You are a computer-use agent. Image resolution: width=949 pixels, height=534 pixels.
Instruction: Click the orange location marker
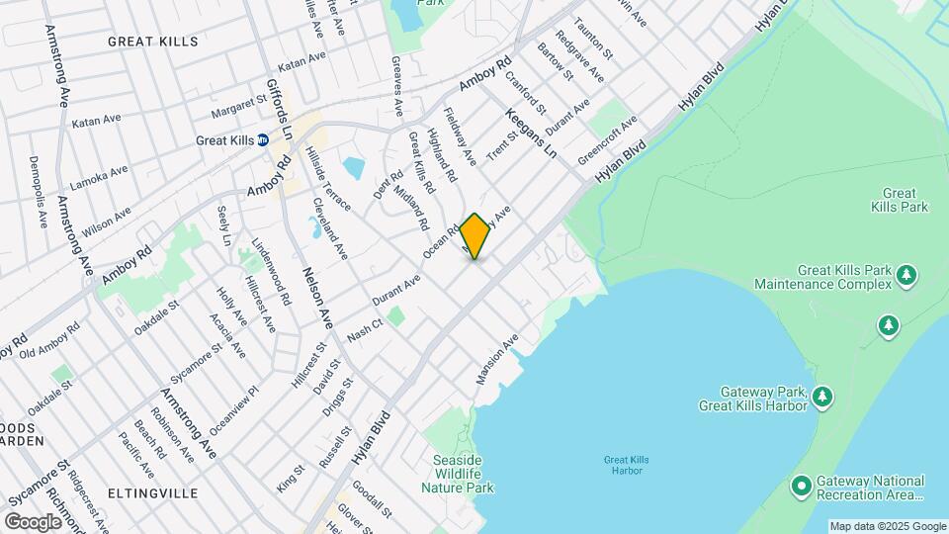coord(475,236)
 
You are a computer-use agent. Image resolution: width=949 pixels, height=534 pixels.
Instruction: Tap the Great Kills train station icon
coord(264,140)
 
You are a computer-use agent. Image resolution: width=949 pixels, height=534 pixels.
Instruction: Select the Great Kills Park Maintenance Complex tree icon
coord(906,277)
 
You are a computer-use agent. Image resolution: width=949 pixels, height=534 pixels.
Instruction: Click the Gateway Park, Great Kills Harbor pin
coord(822,397)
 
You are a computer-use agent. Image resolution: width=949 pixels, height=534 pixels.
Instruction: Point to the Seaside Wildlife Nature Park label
coord(457,474)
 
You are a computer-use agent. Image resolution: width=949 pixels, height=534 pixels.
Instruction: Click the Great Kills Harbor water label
coord(623,464)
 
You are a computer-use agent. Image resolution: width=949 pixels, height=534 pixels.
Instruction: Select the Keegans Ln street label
coord(532,134)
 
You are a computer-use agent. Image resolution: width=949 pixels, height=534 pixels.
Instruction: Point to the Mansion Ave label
coord(497,360)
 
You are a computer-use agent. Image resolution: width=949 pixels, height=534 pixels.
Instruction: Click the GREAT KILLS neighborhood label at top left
coord(152,42)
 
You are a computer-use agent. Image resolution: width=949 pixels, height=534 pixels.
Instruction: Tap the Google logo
coord(33,521)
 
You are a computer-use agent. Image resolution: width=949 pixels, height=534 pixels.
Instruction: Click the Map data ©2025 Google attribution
coord(888,526)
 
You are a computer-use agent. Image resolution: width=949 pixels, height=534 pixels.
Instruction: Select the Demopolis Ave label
coord(38,192)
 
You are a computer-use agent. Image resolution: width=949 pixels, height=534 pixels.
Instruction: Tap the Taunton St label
coord(594,40)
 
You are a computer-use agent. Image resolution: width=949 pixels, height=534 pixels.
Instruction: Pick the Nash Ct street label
coord(365,333)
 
